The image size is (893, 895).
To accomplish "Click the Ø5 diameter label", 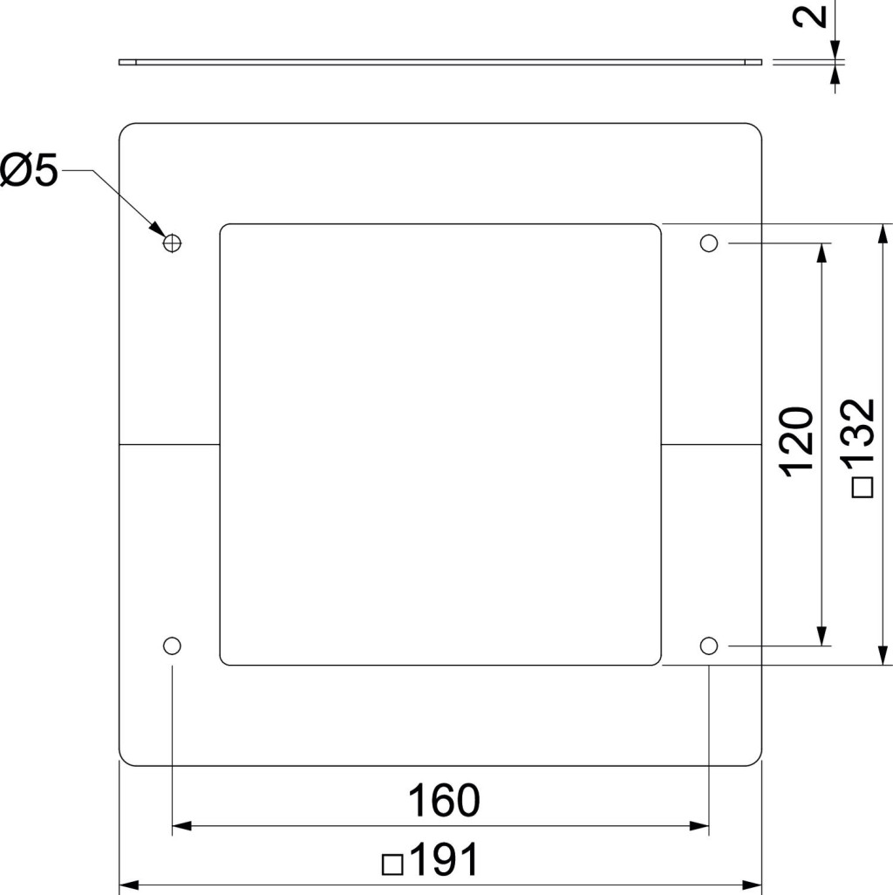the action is (x=29, y=170).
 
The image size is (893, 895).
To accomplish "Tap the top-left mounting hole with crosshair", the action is (x=172, y=243).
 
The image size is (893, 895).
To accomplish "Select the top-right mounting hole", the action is (x=709, y=243).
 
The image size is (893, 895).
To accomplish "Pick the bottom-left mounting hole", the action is (x=172, y=646).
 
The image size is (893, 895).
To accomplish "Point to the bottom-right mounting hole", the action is (x=709, y=646).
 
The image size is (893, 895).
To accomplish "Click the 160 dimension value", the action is (x=444, y=801).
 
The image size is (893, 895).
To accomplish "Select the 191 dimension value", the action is (x=444, y=859).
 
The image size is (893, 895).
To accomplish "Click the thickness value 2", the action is (x=810, y=16).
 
